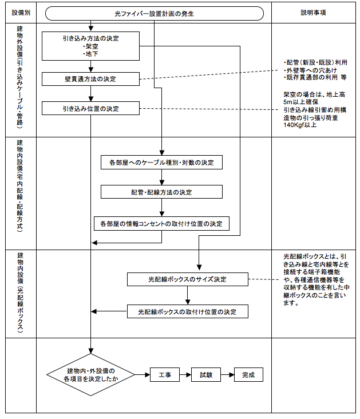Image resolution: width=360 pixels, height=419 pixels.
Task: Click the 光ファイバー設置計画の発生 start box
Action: coord(155,14)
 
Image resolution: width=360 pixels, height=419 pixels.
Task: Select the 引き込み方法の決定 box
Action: coord(90,46)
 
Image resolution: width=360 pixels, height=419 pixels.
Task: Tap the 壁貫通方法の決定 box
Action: coord(90,79)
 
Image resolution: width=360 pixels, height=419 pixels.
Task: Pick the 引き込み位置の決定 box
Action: coord(90,109)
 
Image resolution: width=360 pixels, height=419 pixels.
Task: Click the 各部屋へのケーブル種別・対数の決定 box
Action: coord(161,163)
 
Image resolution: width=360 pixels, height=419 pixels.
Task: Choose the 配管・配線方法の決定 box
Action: coord(161,192)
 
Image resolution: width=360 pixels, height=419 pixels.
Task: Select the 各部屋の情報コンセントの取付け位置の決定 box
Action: coord(161,224)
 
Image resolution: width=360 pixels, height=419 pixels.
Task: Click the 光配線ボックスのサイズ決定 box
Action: coord(187,279)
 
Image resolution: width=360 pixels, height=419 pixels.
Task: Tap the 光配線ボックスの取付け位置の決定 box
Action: coord(187,311)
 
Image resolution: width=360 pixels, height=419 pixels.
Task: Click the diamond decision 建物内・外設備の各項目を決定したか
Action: coord(90,375)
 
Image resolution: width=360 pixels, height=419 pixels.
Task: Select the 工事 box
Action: coord(165,375)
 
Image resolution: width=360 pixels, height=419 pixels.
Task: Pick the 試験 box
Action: coord(206,375)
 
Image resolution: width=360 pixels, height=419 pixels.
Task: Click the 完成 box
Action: coord(248,375)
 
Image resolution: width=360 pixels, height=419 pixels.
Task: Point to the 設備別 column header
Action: coord(21,13)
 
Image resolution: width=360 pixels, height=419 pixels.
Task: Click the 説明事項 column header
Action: coord(313,13)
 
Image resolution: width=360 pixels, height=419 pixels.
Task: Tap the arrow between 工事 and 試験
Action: coord(185,375)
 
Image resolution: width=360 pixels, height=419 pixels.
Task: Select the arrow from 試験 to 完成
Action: coord(227,375)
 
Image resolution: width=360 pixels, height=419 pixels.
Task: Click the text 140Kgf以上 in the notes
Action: coord(300,125)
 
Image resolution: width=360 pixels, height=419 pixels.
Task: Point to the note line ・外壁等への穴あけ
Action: coord(310,70)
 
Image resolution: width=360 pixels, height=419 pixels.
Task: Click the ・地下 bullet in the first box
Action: coord(90,54)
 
